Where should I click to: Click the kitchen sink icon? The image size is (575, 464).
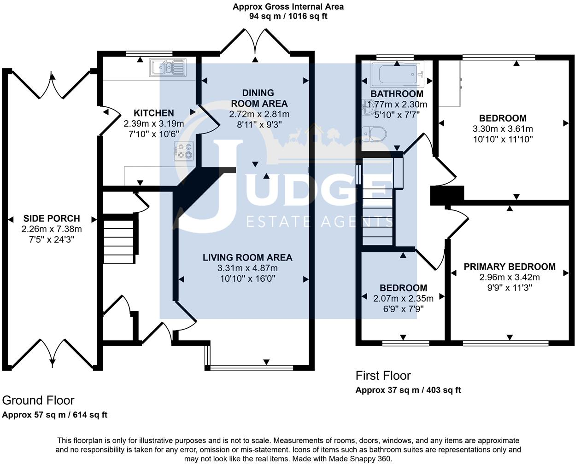(x=167, y=68)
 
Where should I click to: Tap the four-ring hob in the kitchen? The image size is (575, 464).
(x=184, y=151)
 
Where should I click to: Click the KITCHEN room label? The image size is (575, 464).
(x=154, y=113)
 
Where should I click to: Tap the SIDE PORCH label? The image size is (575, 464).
(x=52, y=219)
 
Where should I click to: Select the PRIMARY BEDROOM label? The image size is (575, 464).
(x=510, y=267)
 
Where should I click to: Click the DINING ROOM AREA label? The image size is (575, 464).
(x=259, y=98)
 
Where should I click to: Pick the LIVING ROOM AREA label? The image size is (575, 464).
(x=248, y=257)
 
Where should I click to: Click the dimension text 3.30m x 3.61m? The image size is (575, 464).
(x=503, y=129)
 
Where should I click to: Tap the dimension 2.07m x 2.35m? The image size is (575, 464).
(x=403, y=299)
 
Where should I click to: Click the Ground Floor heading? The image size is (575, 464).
(x=38, y=400)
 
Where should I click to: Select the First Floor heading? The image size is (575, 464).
(x=383, y=376)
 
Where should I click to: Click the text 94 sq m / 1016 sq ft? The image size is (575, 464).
(x=288, y=16)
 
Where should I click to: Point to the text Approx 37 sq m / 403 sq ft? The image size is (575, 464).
(x=408, y=390)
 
